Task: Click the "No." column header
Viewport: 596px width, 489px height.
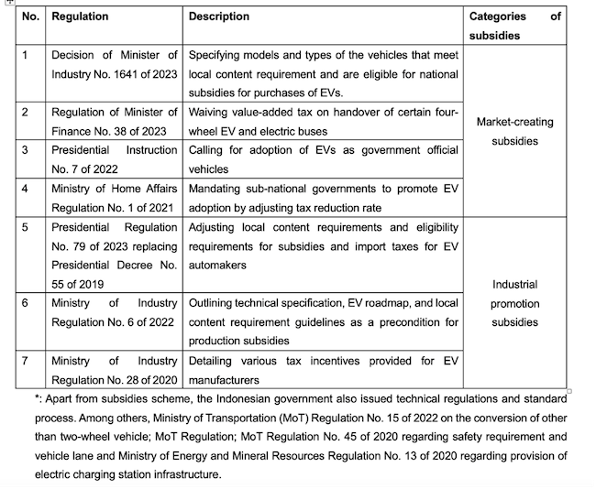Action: (x=31, y=16)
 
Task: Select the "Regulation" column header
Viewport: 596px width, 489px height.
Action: (x=80, y=16)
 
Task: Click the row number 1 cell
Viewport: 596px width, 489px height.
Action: (x=26, y=55)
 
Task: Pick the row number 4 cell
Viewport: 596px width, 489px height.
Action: (x=27, y=189)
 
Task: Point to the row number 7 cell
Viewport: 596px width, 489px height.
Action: (x=27, y=360)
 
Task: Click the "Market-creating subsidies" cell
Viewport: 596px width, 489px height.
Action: (x=514, y=132)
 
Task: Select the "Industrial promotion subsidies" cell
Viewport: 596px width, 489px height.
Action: (x=514, y=303)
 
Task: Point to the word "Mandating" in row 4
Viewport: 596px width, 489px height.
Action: (x=217, y=189)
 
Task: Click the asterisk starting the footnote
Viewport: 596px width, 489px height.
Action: (x=37, y=399)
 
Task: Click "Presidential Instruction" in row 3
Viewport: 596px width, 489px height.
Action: (x=114, y=150)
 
